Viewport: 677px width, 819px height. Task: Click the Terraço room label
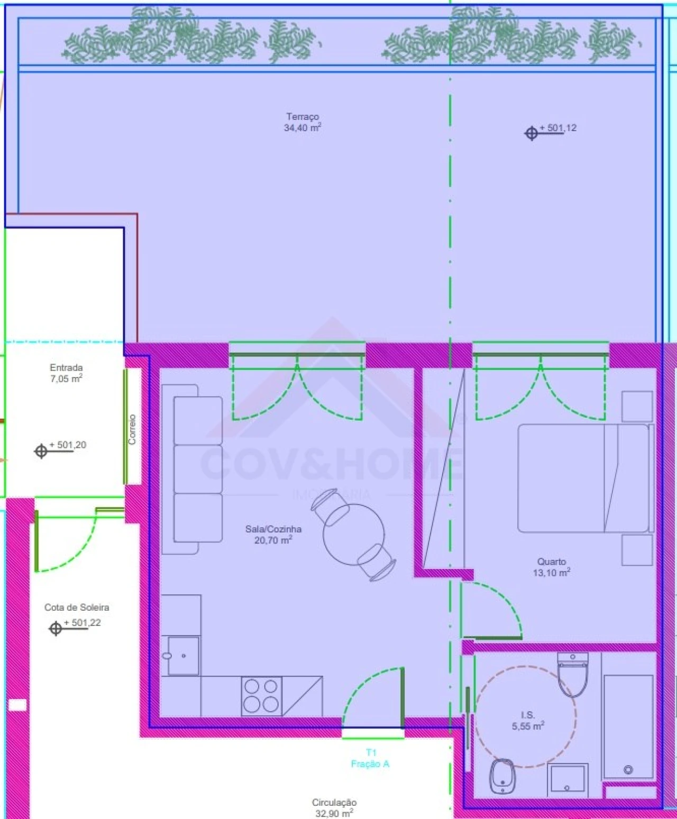tap(303, 122)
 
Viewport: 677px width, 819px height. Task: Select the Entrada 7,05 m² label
tap(66, 373)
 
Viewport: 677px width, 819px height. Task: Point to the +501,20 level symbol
tap(41, 451)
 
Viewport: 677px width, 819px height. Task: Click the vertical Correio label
tap(132, 429)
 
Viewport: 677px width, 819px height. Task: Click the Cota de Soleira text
tap(77, 608)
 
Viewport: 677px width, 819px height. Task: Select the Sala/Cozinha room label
tap(273, 534)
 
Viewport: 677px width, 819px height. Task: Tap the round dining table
tap(353, 534)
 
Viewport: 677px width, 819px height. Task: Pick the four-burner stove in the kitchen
tap(261, 696)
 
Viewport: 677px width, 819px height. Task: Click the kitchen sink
tap(183, 656)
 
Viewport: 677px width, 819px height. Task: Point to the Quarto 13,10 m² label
tap(551, 567)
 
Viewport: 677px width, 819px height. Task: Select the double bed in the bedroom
tap(582, 478)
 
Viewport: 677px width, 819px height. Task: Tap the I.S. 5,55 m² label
tap(528, 721)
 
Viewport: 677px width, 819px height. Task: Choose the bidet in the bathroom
tap(502, 776)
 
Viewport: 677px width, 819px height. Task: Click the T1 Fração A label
tap(370, 758)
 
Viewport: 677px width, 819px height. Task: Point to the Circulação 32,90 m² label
tap(334, 808)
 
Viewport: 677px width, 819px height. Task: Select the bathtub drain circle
tap(628, 769)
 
